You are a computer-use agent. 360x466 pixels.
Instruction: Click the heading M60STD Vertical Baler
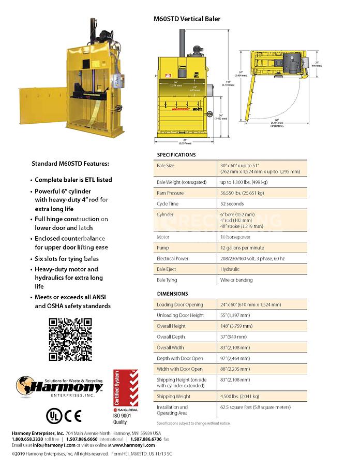187,19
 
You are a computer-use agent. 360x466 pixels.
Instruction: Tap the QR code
70,339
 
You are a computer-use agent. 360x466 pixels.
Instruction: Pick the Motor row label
163,237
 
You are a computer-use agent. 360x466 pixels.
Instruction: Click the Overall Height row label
171,326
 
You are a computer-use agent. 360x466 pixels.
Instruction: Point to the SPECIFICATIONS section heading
176,155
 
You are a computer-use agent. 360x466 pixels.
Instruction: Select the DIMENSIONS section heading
173,294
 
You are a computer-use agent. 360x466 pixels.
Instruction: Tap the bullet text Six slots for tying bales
67,258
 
